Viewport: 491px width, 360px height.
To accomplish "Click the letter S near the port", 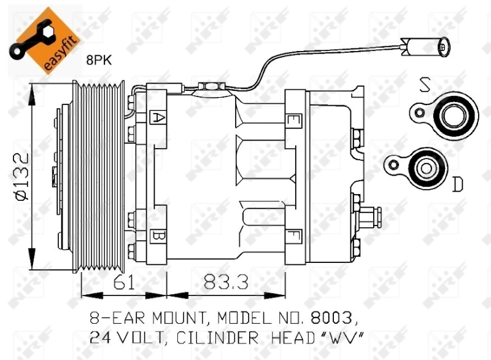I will click(x=424, y=84).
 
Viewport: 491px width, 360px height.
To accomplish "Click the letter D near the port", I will click(x=457, y=184).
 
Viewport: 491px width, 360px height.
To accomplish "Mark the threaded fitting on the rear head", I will click(x=371, y=216).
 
